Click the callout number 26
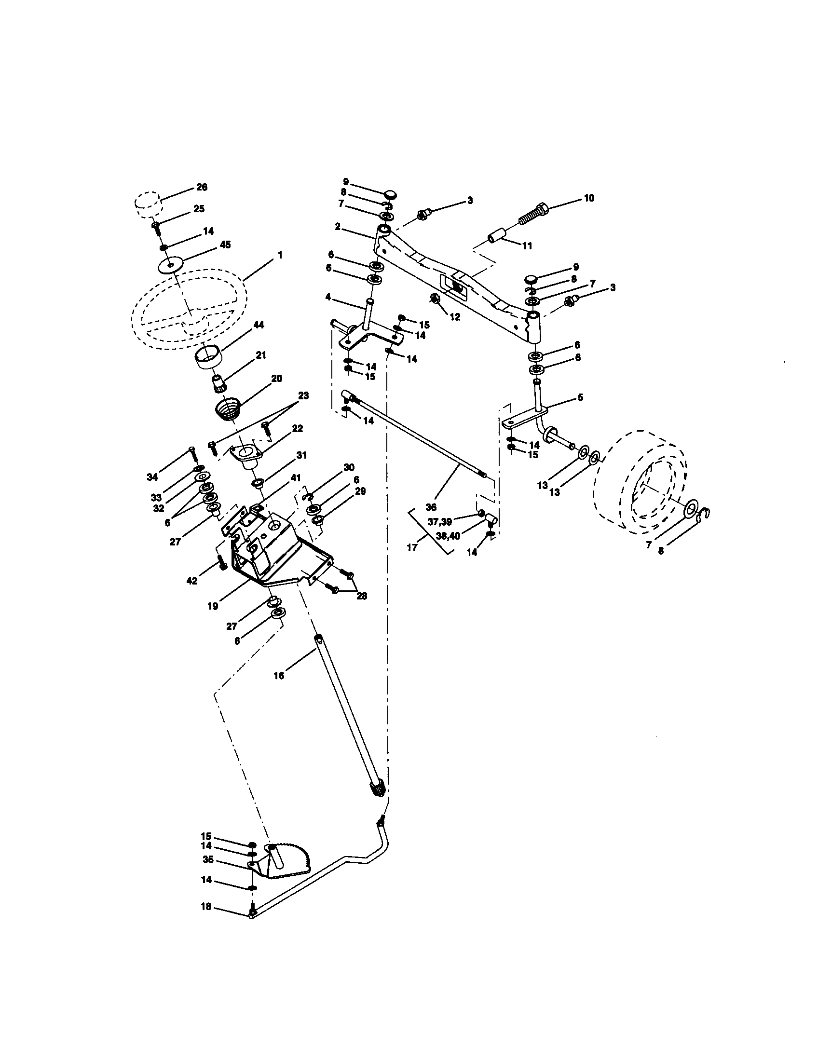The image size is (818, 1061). point(201,187)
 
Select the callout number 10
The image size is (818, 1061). point(589,198)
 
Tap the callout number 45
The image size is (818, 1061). point(225,245)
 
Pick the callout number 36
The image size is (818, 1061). point(430,507)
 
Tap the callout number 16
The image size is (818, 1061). point(279,675)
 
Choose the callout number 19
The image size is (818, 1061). point(213,606)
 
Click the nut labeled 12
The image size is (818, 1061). point(436,300)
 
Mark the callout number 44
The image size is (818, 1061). point(259,325)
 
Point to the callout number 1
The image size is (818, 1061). point(280,255)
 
